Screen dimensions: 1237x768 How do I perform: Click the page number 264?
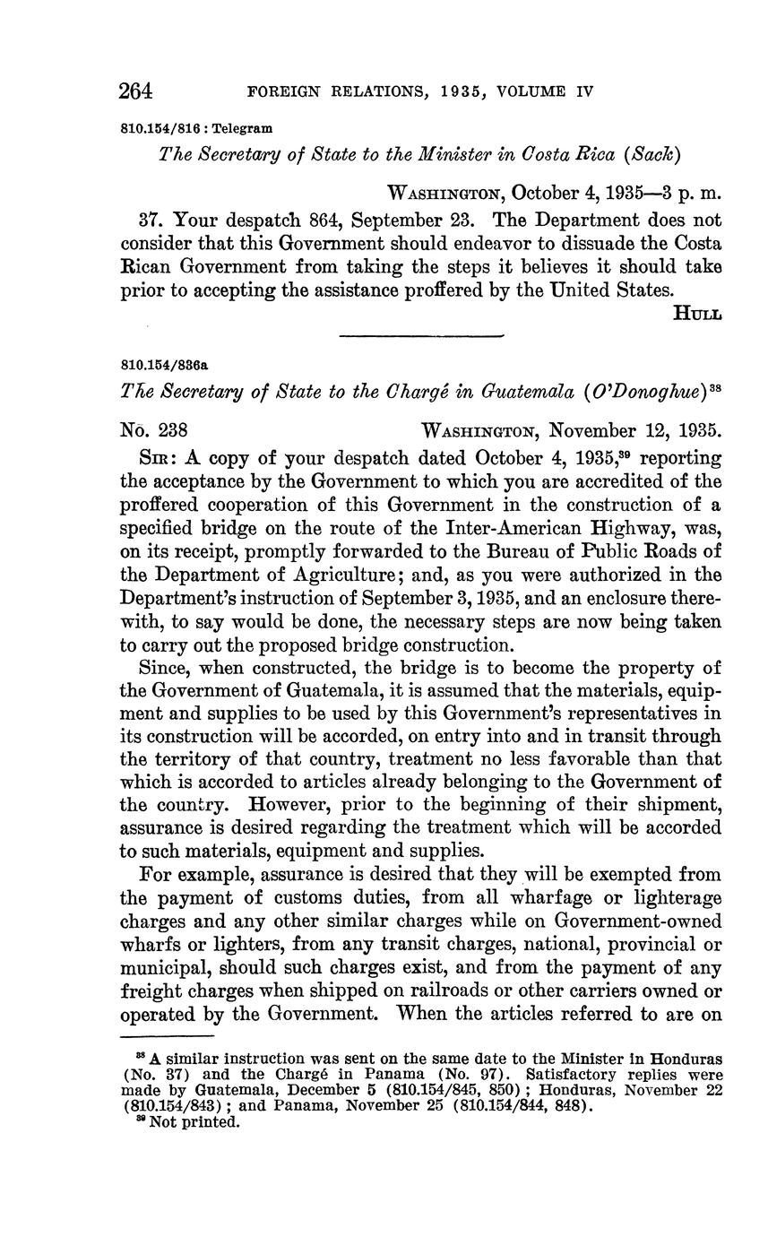point(136,91)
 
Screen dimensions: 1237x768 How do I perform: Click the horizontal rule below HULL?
point(421,336)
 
